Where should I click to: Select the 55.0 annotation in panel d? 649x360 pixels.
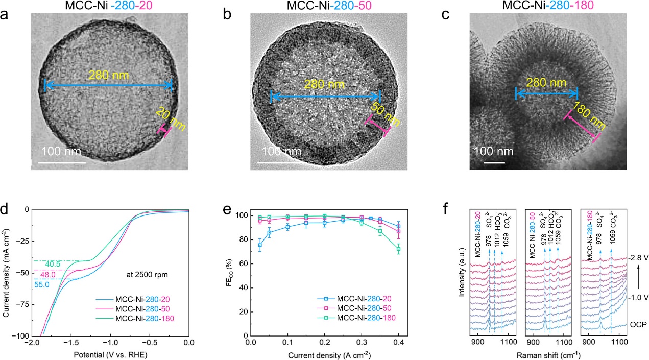click(42, 285)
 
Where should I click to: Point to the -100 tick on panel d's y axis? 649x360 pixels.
click(19, 336)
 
